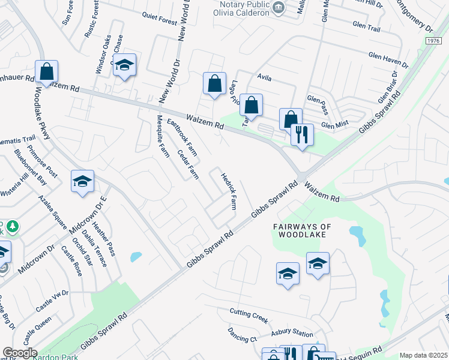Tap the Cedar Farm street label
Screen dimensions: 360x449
(188, 164)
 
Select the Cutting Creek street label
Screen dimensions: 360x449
(249, 315)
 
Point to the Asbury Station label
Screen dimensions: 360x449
(292, 334)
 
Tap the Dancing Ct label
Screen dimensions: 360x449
(243, 335)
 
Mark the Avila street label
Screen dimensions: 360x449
(264, 77)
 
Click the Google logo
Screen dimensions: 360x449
(20, 353)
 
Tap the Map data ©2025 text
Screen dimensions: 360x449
(423, 355)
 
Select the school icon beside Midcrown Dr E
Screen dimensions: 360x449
(82, 182)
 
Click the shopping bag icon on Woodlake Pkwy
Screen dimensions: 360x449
(46, 72)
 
